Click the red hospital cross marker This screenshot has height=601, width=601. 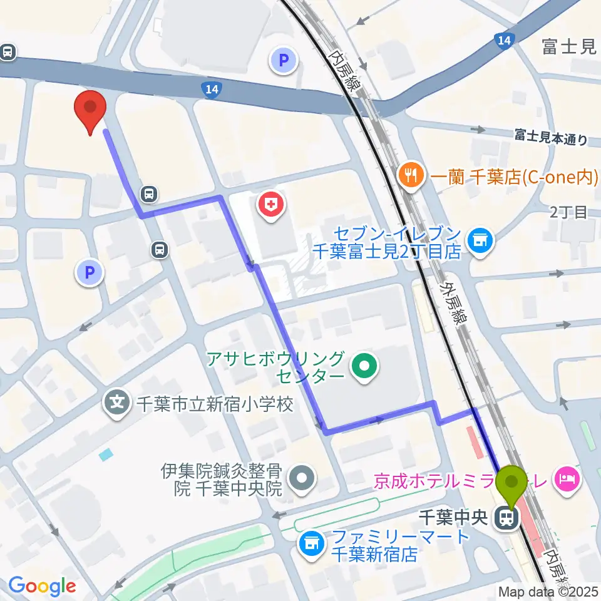coord(271,206)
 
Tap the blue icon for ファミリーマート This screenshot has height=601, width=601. coord(311,543)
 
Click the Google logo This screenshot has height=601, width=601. coord(42,587)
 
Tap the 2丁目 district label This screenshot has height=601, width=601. coord(568,213)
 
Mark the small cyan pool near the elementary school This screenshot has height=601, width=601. coord(106,453)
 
